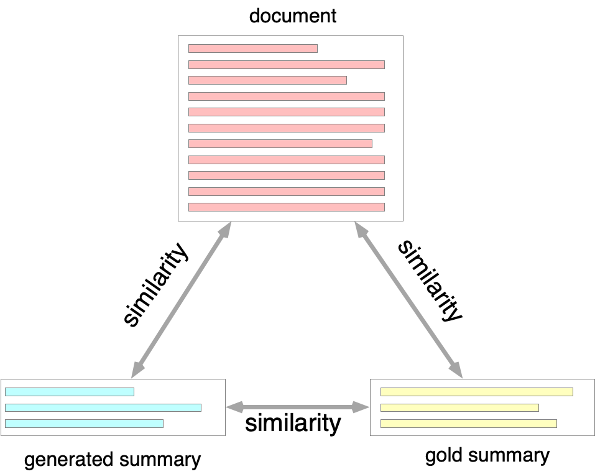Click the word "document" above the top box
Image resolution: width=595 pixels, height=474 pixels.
point(292,16)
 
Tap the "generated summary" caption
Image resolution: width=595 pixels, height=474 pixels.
point(113,460)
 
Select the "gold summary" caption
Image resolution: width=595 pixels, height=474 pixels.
point(487,456)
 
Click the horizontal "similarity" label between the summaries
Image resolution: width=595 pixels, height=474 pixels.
point(293,424)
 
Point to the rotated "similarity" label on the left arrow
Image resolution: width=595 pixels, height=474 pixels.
point(155,284)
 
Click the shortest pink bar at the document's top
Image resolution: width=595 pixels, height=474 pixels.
point(252,49)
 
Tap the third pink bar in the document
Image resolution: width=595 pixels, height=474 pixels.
point(267,80)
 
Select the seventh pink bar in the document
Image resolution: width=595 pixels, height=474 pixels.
point(280,144)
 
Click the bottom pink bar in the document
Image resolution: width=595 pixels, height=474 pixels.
point(286,207)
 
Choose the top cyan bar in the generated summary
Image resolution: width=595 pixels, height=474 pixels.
point(70,392)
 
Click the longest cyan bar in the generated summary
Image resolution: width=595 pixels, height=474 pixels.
point(103,408)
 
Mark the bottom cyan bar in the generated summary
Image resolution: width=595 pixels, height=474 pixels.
point(84,424)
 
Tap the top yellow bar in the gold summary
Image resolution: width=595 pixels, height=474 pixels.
point(476,392)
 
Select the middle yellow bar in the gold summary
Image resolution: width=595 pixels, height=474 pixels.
point(459,408)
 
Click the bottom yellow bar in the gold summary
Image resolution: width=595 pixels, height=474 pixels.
point(468,424)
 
